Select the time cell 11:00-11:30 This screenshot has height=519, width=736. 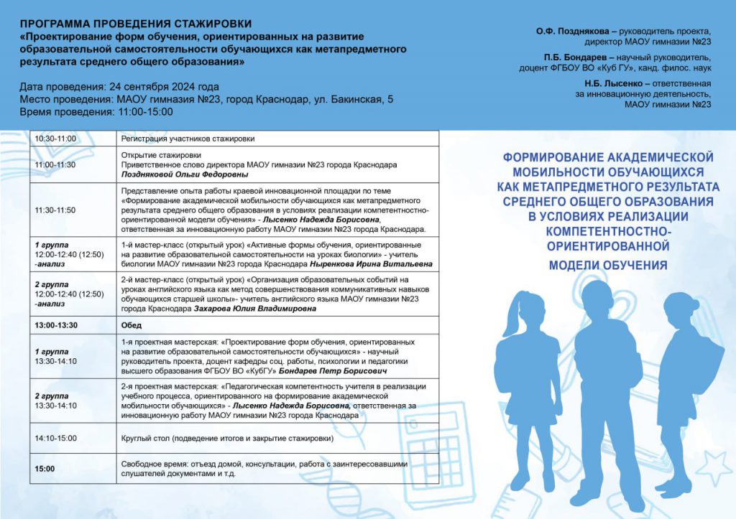[x=55, y=164]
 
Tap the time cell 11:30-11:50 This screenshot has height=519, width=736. [x=55, y=210]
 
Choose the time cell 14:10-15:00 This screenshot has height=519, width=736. [x=55, y=438]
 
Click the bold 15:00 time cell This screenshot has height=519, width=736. [x=45, y=469]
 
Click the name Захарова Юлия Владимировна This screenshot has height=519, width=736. [x=254, y=309]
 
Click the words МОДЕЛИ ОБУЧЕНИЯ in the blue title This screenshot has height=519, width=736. [x=608, y=266]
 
